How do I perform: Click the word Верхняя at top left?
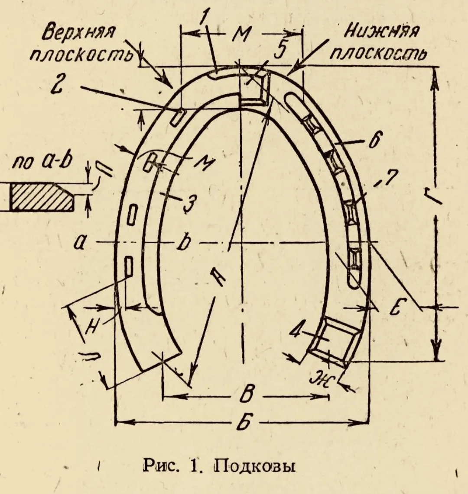pos(79,33)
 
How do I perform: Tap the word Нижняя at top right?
pos(383,32)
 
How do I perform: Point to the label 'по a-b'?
pos(42,162)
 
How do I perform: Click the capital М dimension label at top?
pos(242,34)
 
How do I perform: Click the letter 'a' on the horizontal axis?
pos(79,243)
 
